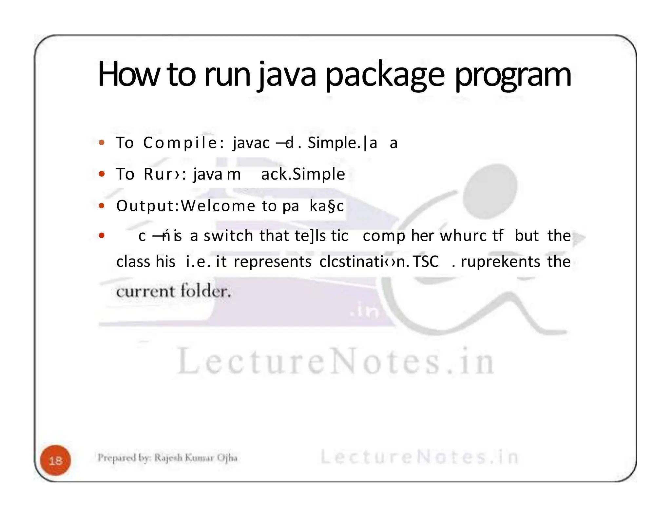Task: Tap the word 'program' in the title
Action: (x=513, y=76)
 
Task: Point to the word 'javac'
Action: (x=251, y=143)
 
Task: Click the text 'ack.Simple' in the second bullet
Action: (x=303, y=174)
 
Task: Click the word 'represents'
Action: (x=273, y=261)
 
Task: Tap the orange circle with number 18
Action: (x=55, y=460)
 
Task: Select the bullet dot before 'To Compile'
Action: (x=102, y=143)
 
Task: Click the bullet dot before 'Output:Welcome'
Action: (x=102, y=206)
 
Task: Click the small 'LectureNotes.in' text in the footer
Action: (x=419, y=457)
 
